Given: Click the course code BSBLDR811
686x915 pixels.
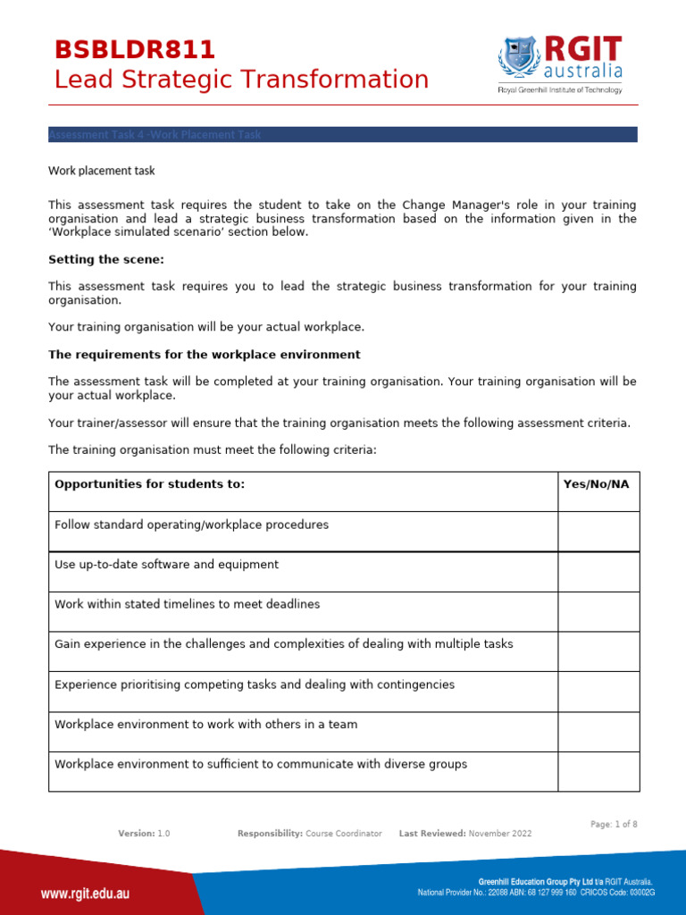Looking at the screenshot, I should tap(135, 50).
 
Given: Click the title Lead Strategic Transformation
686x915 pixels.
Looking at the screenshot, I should tap(241, 80).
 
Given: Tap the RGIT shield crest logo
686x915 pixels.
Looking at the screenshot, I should tap(518, 58).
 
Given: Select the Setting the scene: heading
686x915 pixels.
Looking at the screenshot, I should tap(106, 260).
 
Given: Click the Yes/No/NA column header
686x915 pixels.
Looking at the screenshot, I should tap(596, 484).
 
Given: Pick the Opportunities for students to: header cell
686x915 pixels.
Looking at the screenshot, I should tap(150, 484).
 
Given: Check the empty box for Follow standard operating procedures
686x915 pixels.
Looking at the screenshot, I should tap(598, 531).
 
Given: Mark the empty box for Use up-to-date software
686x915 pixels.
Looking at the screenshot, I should tap(598, 571).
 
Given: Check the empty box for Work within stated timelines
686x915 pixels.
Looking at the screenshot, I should tap(598, 611).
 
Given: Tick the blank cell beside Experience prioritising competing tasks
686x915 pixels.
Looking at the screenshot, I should tap(598, 692).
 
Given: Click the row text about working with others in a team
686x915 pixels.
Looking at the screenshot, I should tap(205, 725).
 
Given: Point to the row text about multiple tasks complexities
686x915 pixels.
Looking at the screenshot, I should tap(284, 644).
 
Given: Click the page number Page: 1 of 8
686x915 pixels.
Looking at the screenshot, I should tap(614, 825).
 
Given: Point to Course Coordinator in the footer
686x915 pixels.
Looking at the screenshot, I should tap(343, 834).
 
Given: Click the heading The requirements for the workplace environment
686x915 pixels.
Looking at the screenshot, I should tap(205, 355).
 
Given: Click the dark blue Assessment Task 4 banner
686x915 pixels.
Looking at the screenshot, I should tap(342, 135).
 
